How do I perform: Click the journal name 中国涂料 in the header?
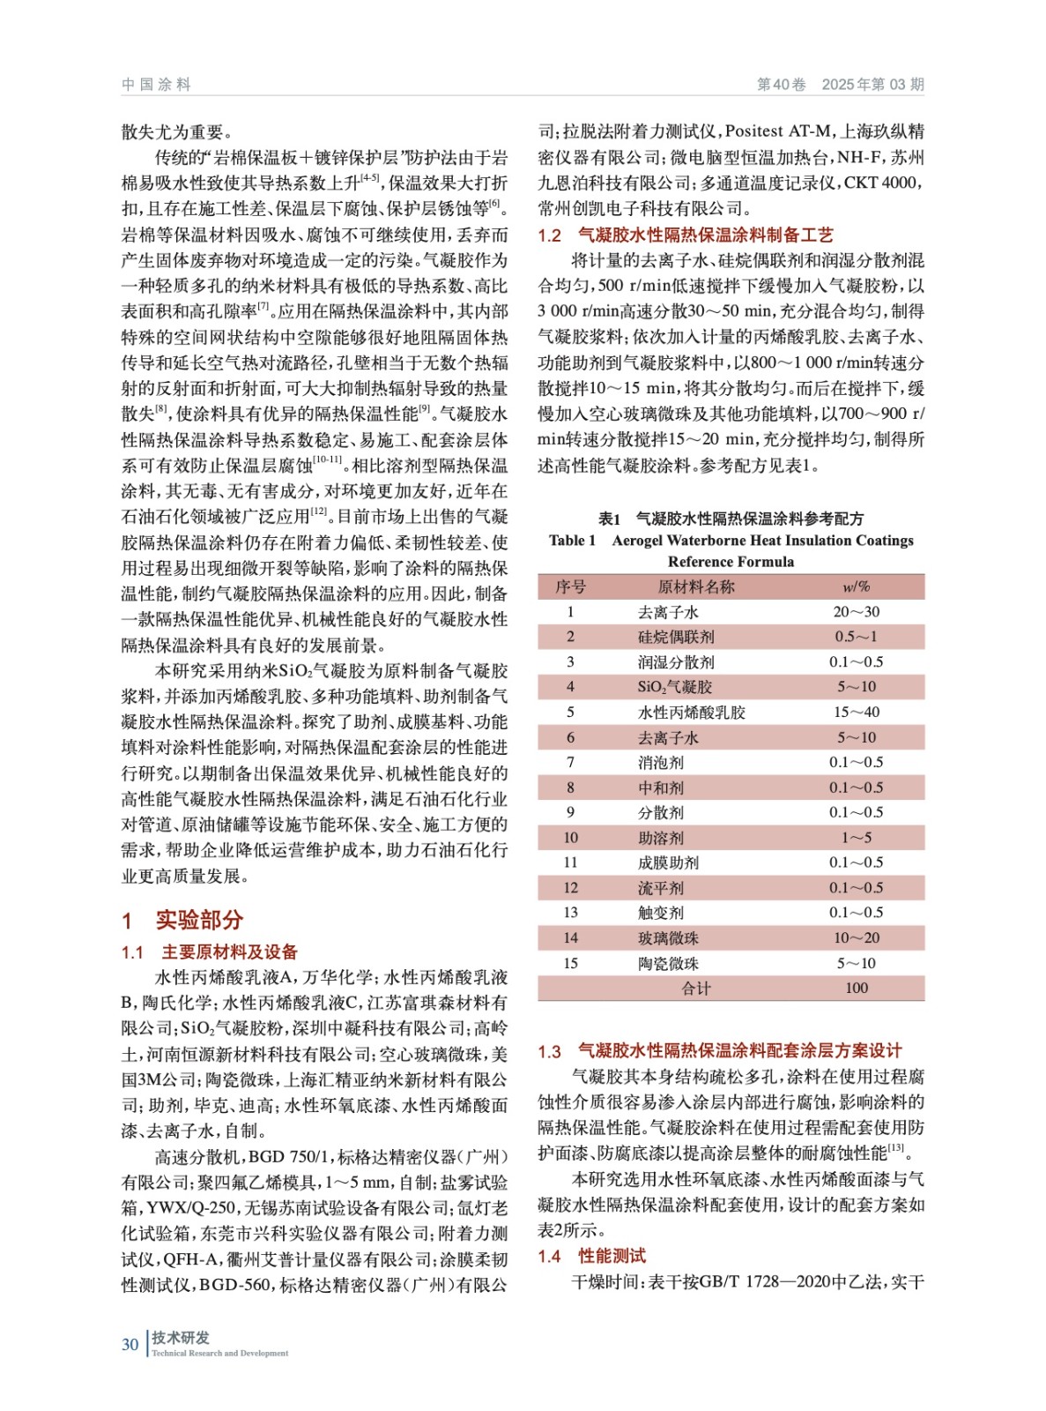click(x=156, y=85)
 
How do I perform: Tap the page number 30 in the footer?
click(x=130, y=1344)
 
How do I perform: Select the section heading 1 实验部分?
click(x=182, y=920)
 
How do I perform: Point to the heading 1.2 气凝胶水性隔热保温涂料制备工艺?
click(x=685, y=235)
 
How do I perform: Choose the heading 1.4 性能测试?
click(x=591, y=1256)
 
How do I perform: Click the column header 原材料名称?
click(x=695, y=586)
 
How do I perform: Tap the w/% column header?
click(x=856, y=586)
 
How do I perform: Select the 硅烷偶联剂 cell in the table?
click(x=676, y=637)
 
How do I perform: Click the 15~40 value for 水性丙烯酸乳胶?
click(x=857, y=712)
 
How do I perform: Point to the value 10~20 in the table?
click(x=857, y=938)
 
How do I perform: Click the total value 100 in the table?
click(x=857, y=988)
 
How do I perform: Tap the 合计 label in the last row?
click(x=695, y=988)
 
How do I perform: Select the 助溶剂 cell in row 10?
click(x=660, y=838)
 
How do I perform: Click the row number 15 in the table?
click(x=570, y=963)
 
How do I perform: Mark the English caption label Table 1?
click(x=572, y=541)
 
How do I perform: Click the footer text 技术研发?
click(x=181, y=1338)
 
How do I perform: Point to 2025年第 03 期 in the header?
click(x=872, y=85)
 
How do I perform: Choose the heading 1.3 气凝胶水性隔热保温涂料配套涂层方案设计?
click(x=719, y=1050)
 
